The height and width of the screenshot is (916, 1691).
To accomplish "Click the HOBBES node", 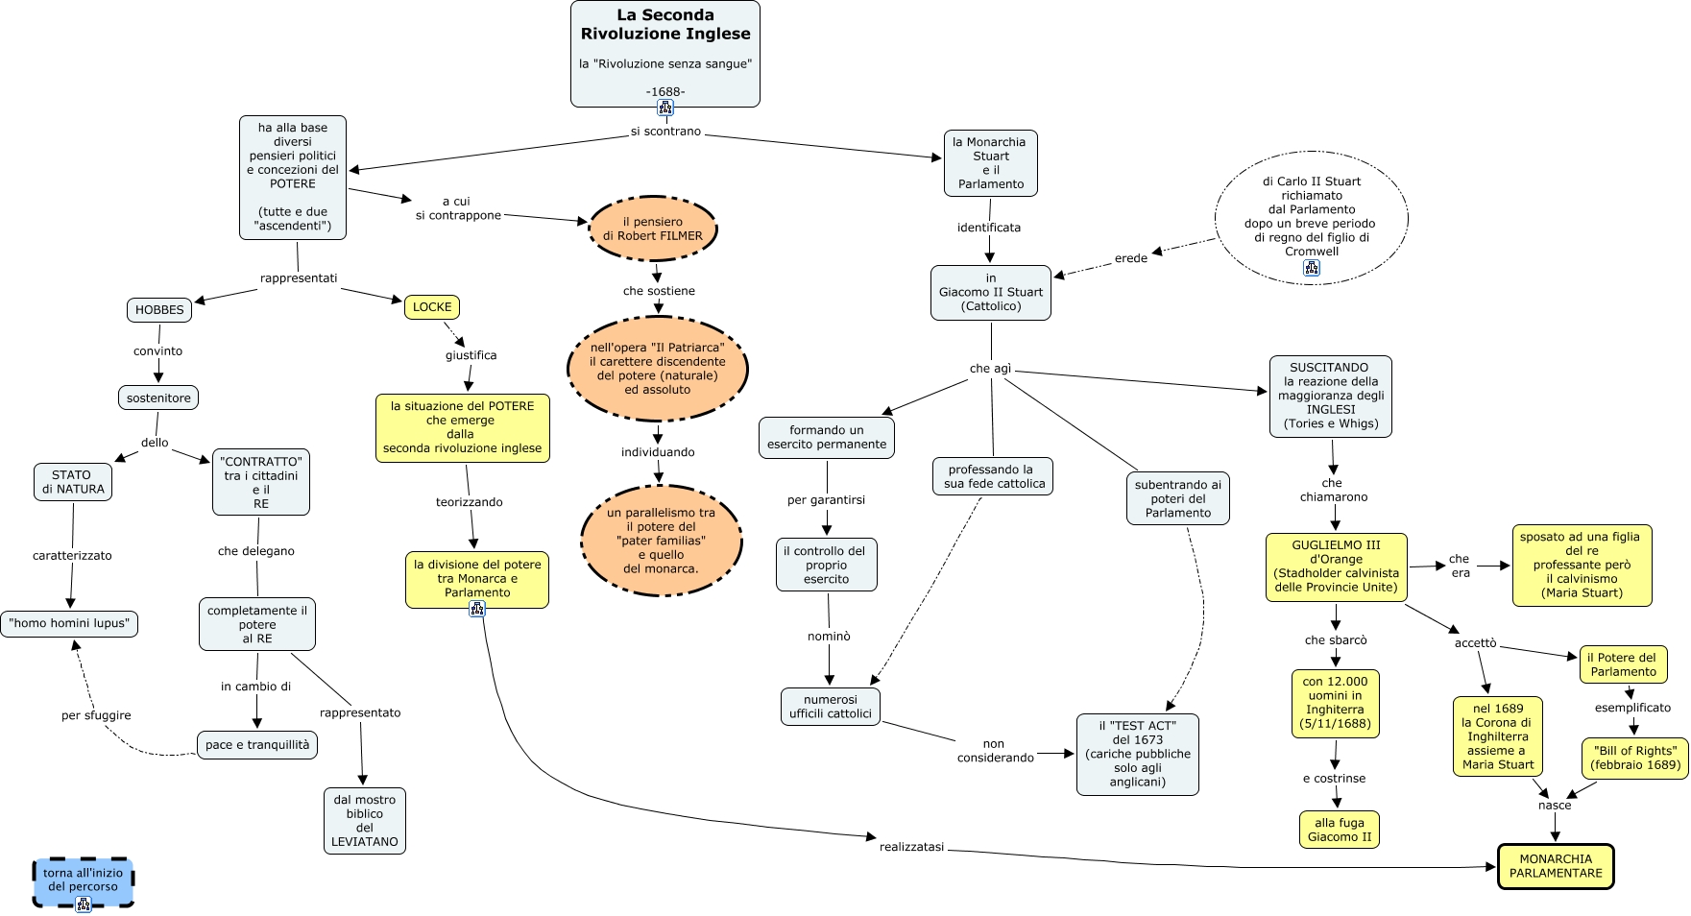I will [159, 310].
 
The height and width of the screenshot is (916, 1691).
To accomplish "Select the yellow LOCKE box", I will [432, 307].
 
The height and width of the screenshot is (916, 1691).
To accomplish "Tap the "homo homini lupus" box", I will [69, 624].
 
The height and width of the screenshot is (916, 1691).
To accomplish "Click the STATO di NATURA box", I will [72, 482].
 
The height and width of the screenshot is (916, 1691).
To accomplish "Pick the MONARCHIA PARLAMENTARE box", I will [1556, 866].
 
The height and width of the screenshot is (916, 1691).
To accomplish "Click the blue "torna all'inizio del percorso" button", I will [83, 880].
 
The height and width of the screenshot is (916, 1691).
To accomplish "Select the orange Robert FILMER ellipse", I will [653, 229].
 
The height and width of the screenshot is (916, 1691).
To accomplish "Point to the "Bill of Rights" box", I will [1634, 758].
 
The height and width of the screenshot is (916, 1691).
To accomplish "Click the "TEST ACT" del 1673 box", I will [1138, 754].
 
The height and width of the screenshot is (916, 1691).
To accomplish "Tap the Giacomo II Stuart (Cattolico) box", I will [991, 293].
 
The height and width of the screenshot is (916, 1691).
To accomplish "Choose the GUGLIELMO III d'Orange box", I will [1337, 566].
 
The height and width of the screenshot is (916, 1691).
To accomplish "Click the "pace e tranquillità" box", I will [257, 745].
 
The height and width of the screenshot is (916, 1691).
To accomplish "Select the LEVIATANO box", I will [365, 821].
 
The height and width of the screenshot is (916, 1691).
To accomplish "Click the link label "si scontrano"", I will [665, 132].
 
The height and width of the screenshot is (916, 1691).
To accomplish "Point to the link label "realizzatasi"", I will [911, 847].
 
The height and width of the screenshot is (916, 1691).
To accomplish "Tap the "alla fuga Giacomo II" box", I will [1340, 830].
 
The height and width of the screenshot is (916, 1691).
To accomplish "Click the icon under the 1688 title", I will [665, 107].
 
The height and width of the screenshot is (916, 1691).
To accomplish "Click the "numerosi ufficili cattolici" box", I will [831, 707].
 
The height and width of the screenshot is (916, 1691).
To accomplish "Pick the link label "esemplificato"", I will [1632, 708].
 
